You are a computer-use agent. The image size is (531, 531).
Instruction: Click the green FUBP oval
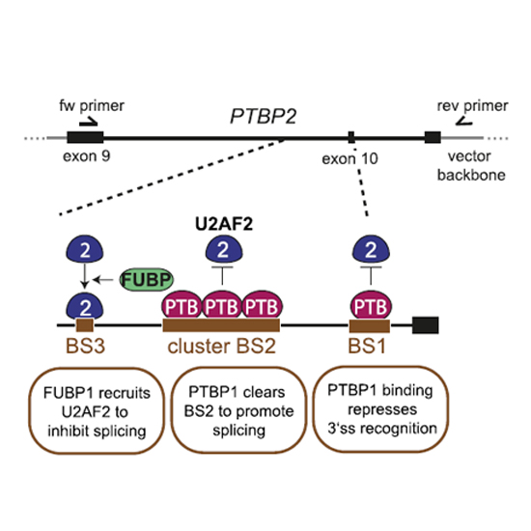(x=147, y=279)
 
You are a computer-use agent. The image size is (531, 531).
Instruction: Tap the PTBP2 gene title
(x=264, y=116)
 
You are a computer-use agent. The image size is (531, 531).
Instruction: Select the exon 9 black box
(x=85, y=137)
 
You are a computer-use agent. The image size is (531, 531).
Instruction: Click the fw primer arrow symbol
(x=89, y=122)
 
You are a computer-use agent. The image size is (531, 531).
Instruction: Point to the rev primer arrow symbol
(x=464, y=122)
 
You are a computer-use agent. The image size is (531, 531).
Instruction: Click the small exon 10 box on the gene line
(x=351, y=137)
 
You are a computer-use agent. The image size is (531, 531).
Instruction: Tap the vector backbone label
(x=471, y=166)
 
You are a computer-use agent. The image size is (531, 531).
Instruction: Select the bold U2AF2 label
(x=224, y=224)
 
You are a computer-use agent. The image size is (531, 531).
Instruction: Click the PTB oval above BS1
(x=371, y=306)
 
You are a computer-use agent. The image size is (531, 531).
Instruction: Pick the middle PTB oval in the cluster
(x=222, y=306)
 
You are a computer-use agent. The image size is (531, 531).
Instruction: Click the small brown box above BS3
(x=85, y=325)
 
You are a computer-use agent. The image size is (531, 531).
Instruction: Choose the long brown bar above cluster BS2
(x=221, y=325)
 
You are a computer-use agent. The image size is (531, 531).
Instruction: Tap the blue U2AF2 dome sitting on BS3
(x=85, y=306)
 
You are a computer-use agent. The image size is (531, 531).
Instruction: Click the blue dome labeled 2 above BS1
(x=371, y=249)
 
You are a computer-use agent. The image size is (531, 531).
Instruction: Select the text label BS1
(x=367, y=346)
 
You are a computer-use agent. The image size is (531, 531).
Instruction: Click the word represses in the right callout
(x=382, y=409)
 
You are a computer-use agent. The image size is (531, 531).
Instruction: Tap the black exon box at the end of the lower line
(x=426, y=325)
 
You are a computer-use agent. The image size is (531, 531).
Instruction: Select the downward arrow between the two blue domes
(x=85, y=275)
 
